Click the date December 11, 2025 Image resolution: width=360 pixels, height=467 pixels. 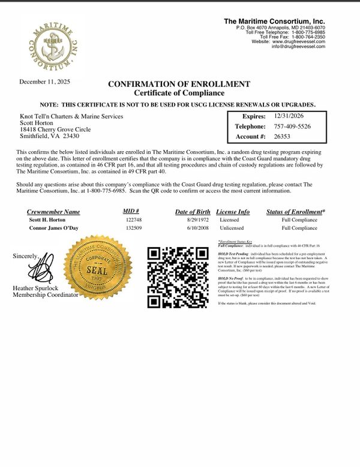(44, 82)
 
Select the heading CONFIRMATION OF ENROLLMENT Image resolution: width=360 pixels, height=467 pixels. (179, 84)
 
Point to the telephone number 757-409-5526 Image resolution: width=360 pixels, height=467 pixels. (292, 126)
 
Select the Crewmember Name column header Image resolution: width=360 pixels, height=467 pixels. (53, 212)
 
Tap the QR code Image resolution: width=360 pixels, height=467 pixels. (178, 276)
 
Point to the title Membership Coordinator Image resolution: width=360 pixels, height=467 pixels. (46, 295)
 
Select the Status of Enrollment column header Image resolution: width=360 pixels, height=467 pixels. (295, 212)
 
